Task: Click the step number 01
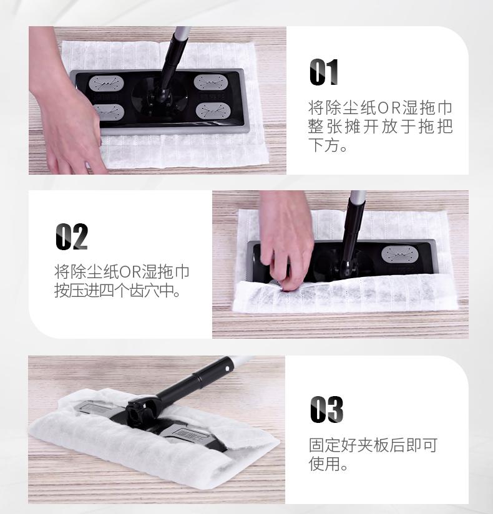click(x=324, y=72)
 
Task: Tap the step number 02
click(x=72, y=236)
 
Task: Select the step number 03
click(x=327, y=409)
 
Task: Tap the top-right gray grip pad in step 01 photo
click(x=210, y=82)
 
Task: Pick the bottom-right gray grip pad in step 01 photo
click(x=212, y=111)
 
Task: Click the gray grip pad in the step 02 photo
click(x=399, y=255)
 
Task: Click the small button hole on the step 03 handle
click(x=228, y=368)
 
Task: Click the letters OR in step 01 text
click(x=389, y=108)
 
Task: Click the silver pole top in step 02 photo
click(x=358, y=197)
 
